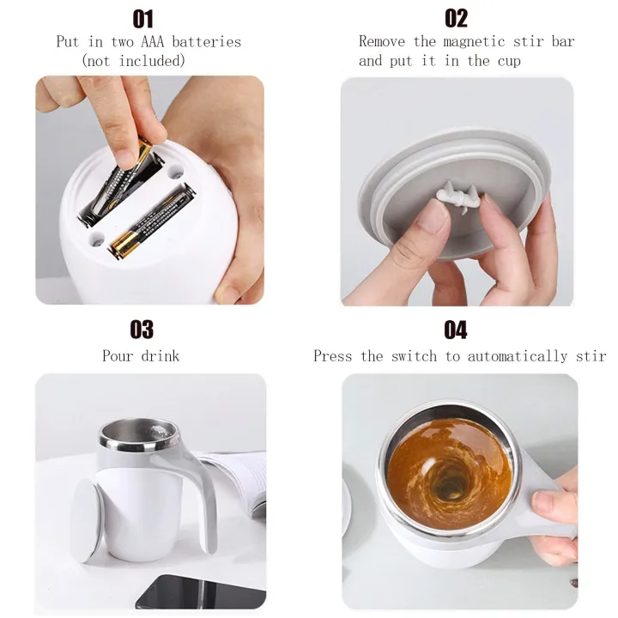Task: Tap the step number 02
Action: point(456,18)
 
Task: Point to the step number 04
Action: point(456,329)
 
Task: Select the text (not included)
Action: point(133,60)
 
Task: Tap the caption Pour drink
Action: point(141,355)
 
